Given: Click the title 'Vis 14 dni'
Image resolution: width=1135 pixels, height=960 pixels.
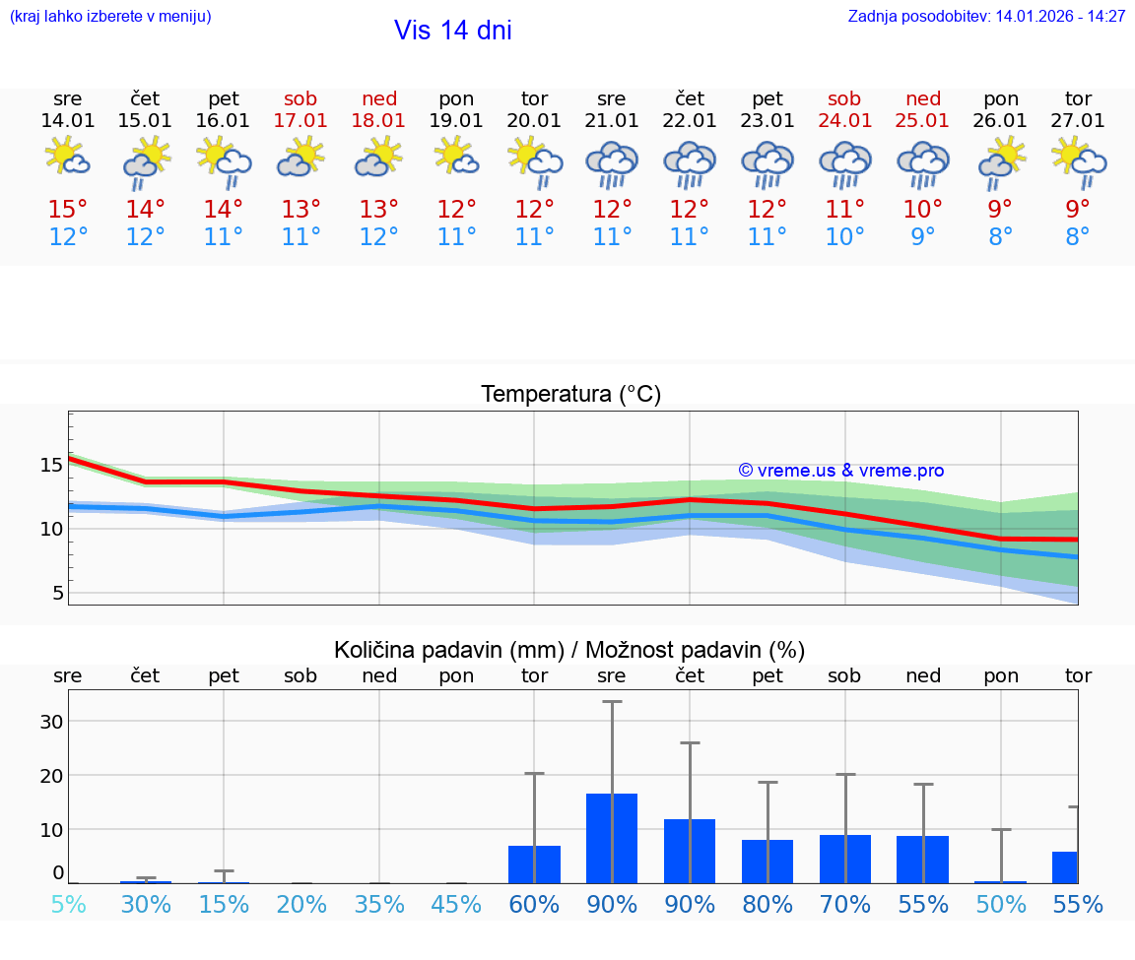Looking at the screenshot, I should coord(453,31).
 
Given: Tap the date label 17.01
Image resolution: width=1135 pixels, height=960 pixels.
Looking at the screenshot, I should coord(300,121).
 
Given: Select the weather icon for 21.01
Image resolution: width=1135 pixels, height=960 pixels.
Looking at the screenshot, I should coord(612,164).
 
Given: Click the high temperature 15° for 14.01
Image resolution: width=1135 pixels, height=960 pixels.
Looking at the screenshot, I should coord(67,209).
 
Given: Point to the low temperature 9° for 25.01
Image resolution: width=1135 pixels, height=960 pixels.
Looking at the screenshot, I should coord(923,236).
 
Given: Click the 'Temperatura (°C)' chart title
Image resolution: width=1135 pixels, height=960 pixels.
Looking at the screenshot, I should coord(570,395).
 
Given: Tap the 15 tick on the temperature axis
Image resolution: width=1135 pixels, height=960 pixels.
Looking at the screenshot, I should coord(51,465).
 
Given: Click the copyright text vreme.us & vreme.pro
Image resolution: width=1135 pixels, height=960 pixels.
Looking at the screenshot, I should coord(840,471).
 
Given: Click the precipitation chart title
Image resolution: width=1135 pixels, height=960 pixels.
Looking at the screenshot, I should coord(569,650).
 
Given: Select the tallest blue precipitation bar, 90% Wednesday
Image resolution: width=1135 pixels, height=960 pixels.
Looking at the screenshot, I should coord(612,838).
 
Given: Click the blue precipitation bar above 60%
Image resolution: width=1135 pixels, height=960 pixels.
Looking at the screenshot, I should coord(534,864).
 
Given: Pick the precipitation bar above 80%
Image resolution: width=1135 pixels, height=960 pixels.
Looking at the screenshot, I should coord(768,861).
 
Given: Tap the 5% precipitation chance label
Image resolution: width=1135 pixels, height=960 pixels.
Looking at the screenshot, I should coord(67,905).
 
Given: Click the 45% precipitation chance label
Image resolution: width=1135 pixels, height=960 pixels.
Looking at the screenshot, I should coord(456,905).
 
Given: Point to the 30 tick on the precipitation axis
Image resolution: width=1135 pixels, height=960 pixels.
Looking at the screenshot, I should coord(51,722).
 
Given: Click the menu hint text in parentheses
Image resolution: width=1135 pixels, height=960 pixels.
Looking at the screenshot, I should coord(109,16).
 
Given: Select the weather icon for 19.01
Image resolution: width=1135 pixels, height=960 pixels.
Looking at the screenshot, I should coord(456,157).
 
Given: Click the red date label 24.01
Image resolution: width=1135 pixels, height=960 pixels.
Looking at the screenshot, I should coord(844,121).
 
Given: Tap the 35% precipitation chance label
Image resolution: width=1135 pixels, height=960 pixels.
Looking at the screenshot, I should coord(378,905).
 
